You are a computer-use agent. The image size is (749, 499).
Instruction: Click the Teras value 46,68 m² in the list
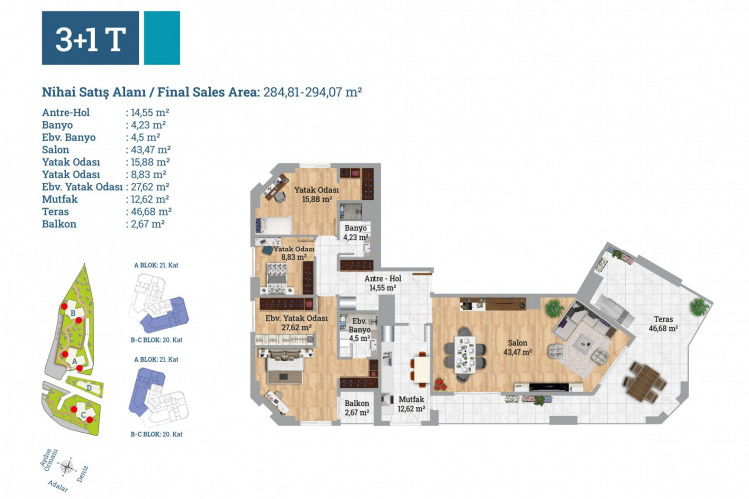coord(150,211)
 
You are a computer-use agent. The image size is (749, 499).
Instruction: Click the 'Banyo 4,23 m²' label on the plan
coord(358,232)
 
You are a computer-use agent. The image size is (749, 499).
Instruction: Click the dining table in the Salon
coord(464,352)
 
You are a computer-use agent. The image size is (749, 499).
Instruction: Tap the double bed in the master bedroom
coord(288,370)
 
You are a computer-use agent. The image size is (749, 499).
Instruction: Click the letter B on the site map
coord(74,313)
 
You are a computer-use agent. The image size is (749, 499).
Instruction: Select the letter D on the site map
coord(90,386)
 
